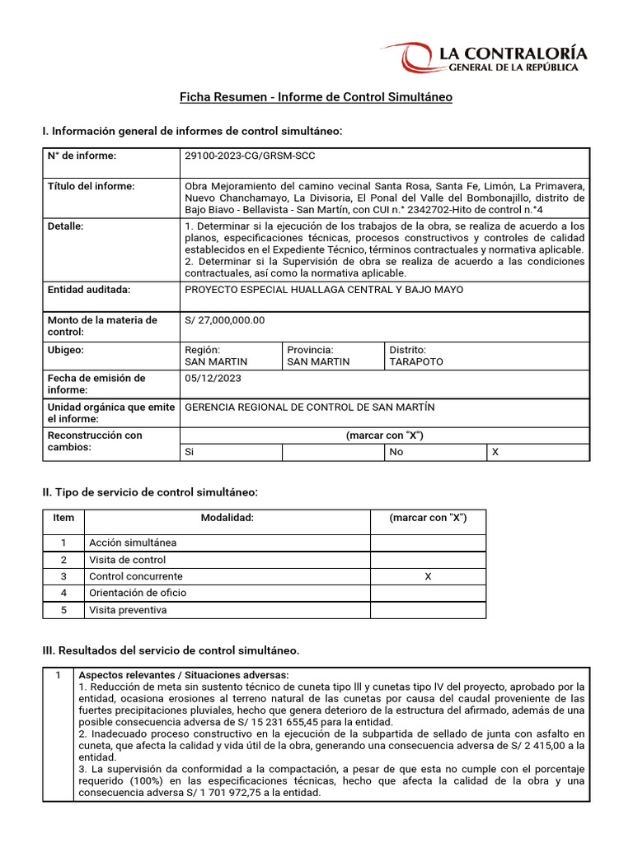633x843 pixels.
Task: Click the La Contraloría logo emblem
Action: tap(420, 58)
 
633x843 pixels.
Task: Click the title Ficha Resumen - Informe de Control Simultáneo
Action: tap(316, 97)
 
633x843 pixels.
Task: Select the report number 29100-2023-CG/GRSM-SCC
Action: tap(251, 156)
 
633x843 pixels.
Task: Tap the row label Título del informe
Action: tap(91, 186)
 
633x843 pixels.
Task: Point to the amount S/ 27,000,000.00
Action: tap(225, 320)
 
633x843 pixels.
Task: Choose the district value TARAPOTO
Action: tap(416, 361)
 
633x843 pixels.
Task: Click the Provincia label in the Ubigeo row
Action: tap(310, 350)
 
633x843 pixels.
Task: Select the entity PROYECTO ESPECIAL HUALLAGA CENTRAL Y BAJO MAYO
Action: tap(324, 289)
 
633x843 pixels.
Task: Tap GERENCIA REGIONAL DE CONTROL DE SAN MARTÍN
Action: tap(310, 407)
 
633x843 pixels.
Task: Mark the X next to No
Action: tap(495, 452)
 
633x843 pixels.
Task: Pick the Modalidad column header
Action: tap(227, 518)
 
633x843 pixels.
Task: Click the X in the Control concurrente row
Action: tap(428, 576)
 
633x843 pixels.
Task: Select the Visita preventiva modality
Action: tap(128, 610)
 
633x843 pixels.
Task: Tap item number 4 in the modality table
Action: tap(63, 593)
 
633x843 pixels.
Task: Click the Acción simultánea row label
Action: tap(133, 543)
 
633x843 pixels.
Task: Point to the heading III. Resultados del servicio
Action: tap(171, 650)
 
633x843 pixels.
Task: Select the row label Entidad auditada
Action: tap(90, 289)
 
